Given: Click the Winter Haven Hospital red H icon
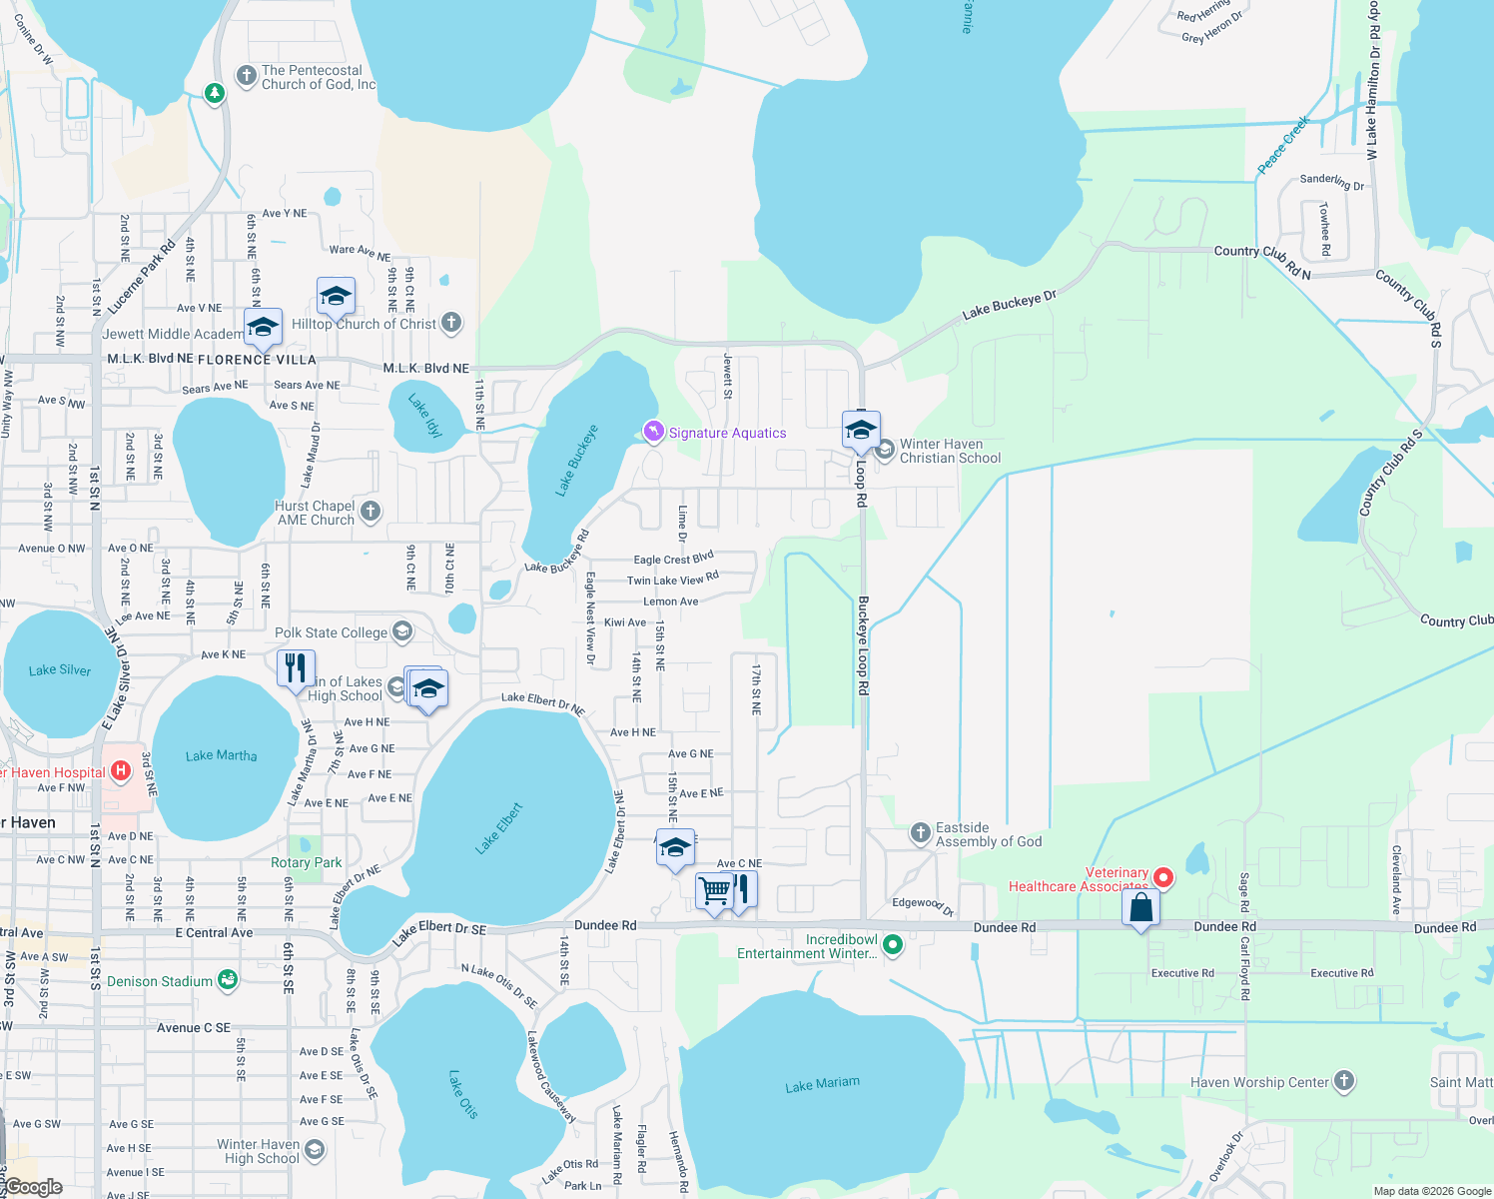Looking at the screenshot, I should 121,770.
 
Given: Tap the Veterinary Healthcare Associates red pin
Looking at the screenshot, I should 1162,877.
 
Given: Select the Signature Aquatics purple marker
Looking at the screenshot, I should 653,432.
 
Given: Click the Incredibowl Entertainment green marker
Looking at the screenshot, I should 893,943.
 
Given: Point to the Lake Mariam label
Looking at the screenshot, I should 822,1085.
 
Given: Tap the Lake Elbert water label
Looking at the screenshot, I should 499,828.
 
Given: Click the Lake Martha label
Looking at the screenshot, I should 221,755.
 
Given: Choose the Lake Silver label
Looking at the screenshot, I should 60,669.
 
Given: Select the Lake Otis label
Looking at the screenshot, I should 462,1094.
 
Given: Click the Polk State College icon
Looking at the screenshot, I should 401,631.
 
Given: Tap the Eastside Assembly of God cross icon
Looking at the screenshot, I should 920,833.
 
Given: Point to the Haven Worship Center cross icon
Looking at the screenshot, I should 1344,1080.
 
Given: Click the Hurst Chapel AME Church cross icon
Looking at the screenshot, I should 371,512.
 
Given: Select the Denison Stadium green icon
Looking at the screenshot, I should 228,980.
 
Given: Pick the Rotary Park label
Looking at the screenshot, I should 307,862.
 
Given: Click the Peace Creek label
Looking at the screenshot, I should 1283,145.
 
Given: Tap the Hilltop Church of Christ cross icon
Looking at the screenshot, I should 451,322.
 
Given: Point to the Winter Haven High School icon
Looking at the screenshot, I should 314,1150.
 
